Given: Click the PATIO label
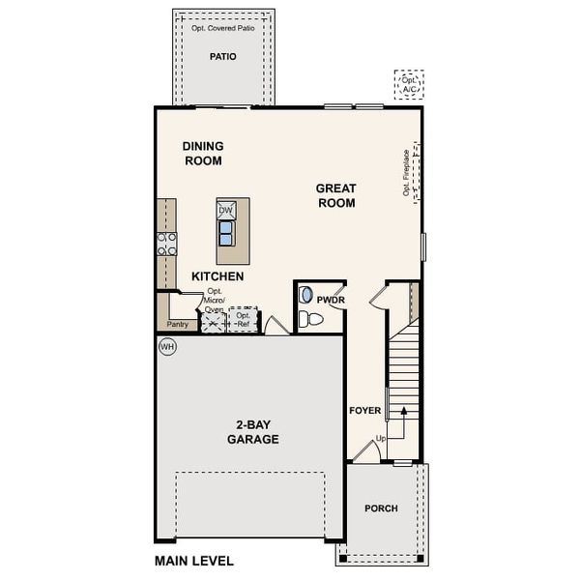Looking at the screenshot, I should (223, 57).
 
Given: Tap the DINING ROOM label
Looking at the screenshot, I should (203, 154).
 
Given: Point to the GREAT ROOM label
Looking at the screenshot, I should (335, 195).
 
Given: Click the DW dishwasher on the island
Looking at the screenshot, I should (225, 211).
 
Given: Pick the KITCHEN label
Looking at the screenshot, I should (217, 276).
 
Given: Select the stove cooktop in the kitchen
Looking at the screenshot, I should (167, 244).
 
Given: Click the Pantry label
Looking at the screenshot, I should (178, 325).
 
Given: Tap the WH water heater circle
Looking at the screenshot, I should (166, 345).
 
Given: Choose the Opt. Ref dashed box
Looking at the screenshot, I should (244, 320).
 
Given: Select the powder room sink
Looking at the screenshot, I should (306, 296).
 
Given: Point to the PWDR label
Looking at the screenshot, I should (331, 300).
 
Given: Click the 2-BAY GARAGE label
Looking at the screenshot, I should (253, 432).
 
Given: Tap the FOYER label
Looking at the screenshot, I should (364, 411).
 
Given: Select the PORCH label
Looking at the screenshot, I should (381, 508).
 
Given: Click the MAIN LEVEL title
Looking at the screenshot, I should (193, 560).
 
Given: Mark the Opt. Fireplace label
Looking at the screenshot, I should (406, 173).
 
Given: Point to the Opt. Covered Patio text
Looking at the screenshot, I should (223, 28).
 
